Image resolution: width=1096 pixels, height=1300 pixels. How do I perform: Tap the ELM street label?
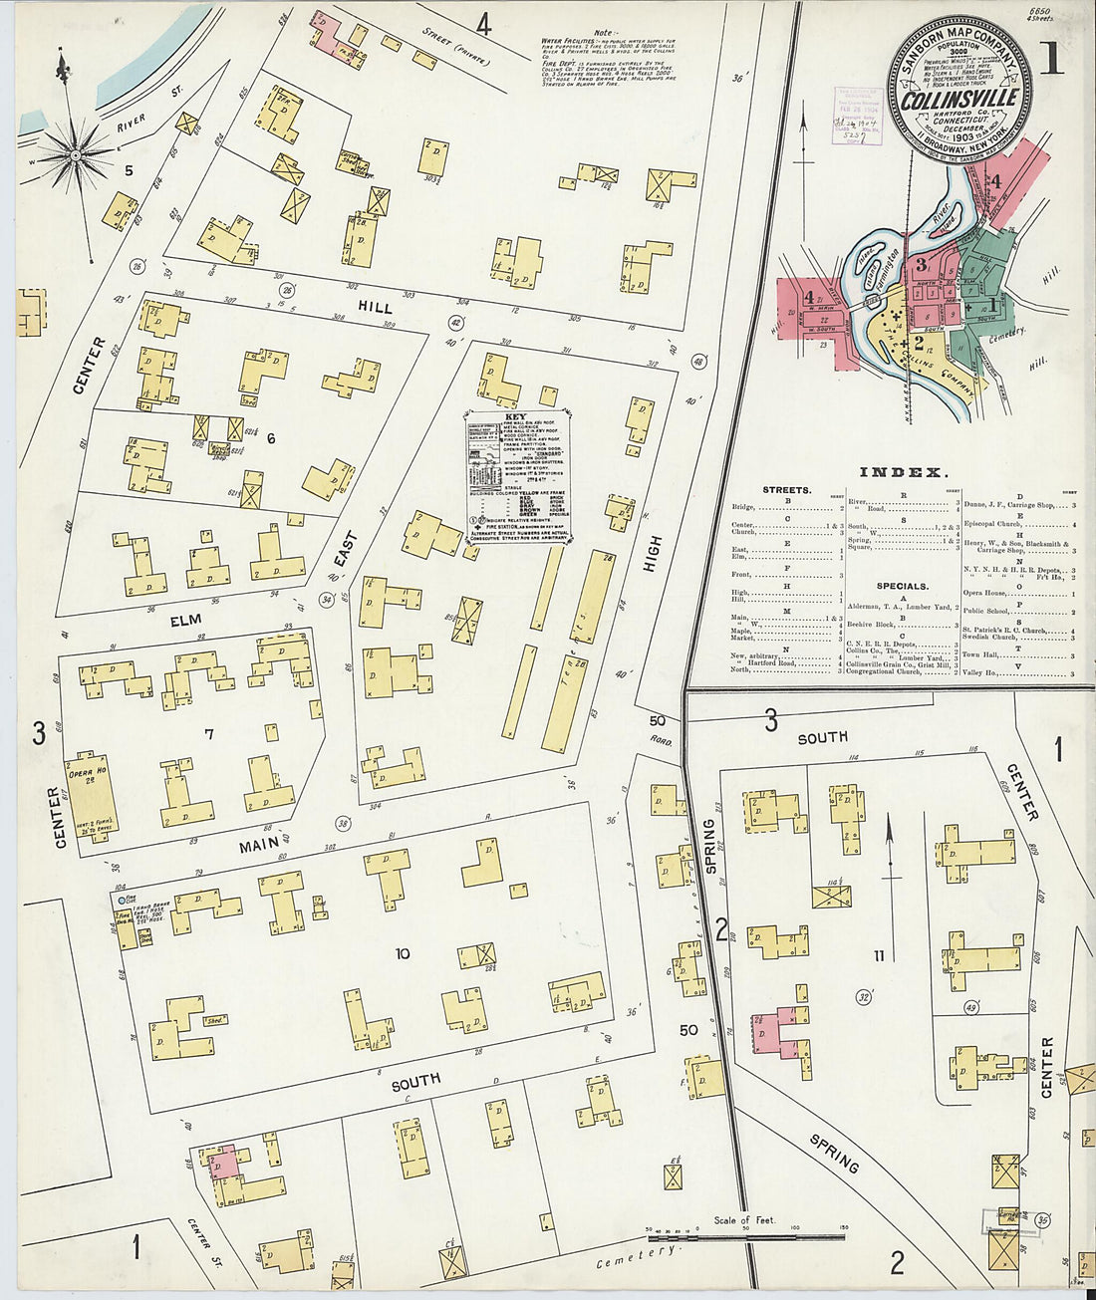point(185,621)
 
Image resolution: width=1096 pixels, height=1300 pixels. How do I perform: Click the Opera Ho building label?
point(83,773)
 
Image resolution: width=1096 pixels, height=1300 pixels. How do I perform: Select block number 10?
point(402,954)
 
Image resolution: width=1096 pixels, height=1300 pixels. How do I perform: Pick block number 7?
point(209,735)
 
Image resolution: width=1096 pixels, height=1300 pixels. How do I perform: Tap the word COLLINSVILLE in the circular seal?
point(959,99)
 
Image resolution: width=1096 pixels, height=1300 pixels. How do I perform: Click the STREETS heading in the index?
point(787,490)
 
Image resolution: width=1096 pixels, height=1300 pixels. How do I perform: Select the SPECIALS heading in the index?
point(903,586)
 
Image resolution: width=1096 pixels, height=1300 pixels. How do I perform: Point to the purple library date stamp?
point(852,116)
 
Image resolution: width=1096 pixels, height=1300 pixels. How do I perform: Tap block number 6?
point(270,438)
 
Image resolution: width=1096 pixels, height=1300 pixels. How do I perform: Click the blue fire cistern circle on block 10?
point(121,901)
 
